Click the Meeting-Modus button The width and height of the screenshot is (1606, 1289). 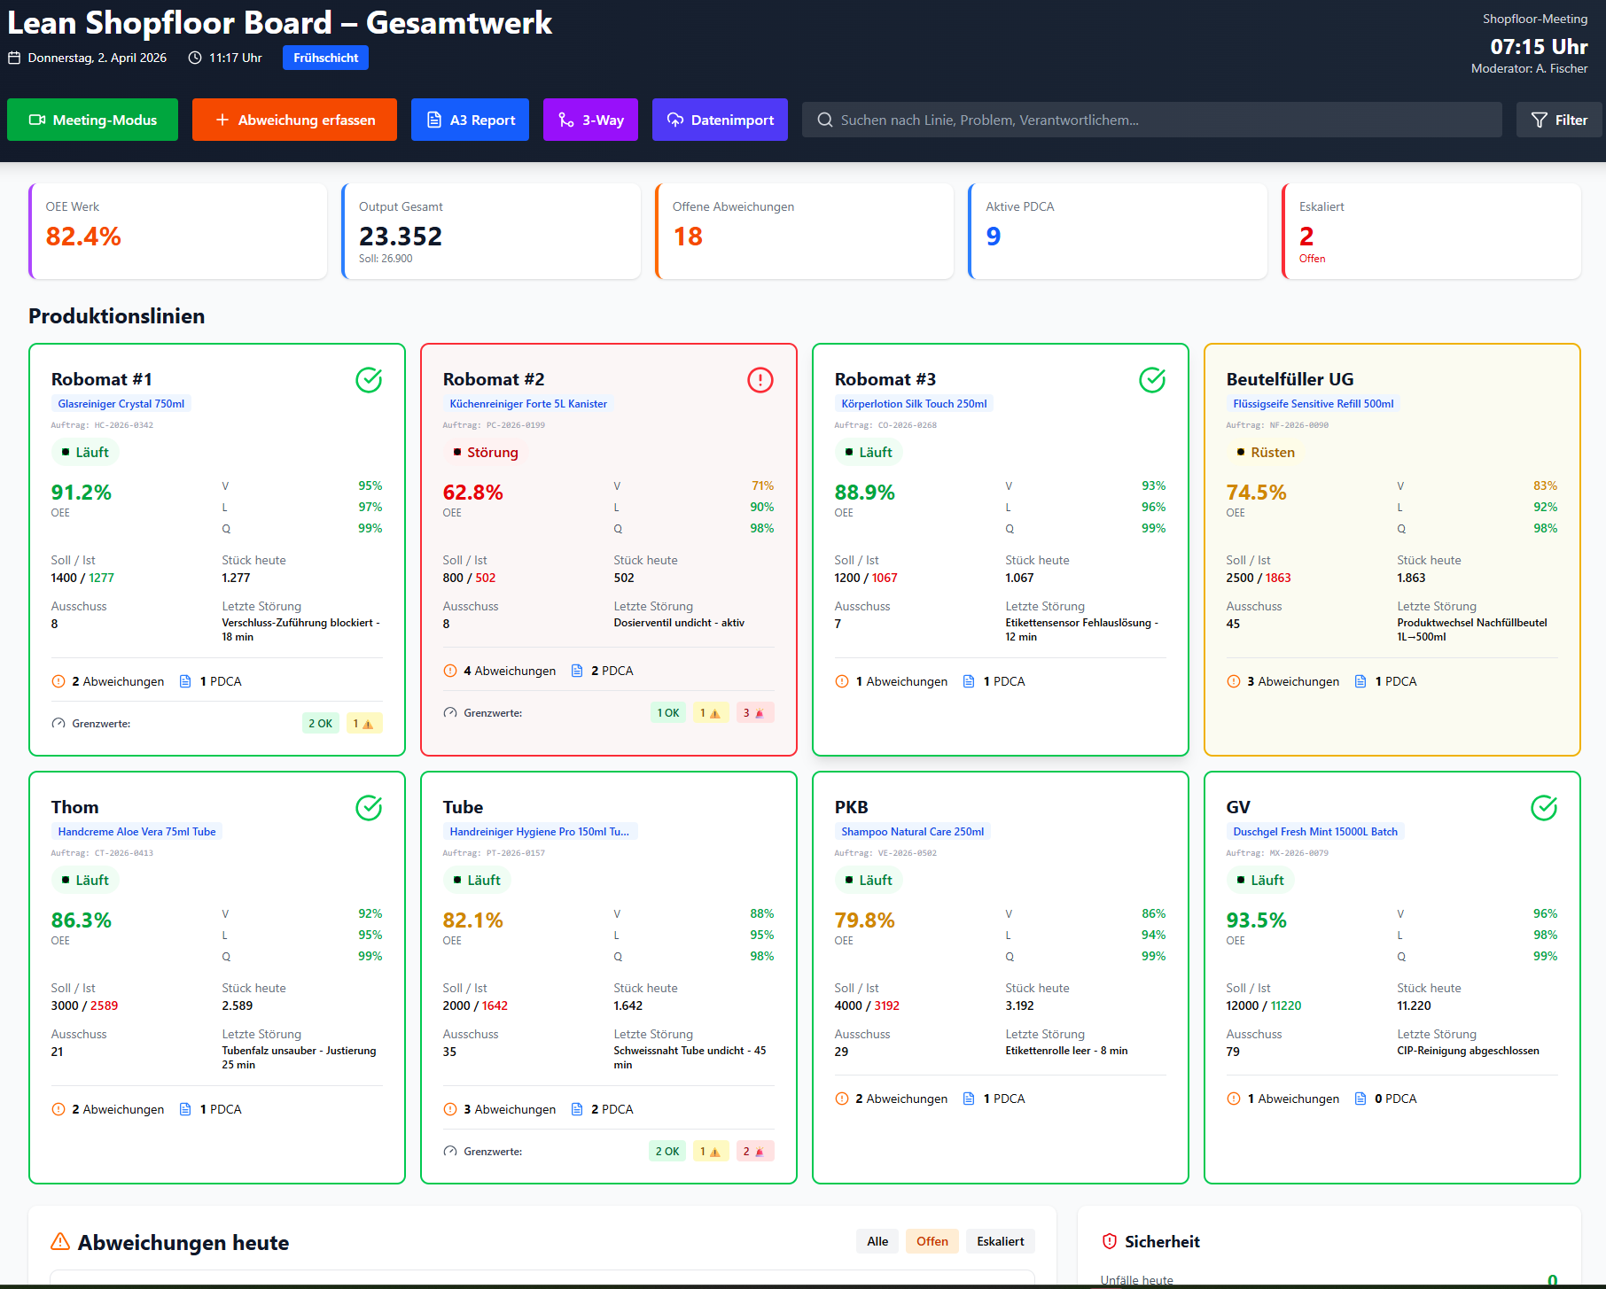pyautogui.click(x=92, y=120)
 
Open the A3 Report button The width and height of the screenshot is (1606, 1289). pyautogui.click(x=470, y=120)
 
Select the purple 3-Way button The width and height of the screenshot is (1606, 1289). pyautogui.click(x=590, y=120)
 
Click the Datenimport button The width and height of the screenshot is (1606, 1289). pyautogui.click(x=720, y=120)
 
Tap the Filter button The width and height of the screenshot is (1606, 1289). pyautogui.click(x=1559, y=120)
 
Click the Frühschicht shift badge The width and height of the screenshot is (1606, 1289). pyautogui.click(x=325, y=58)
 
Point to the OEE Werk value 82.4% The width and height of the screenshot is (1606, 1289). pyautogui.click(x=83, y=237)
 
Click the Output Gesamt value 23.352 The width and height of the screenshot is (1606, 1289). pyautogui.click(x=401, y=237)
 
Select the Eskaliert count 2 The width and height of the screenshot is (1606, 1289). pyautogui.click(x=1306, y=237)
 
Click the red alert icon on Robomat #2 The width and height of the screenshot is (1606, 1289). pyautogui.click(x=760, y=380)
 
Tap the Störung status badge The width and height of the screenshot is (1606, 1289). pyautogui.click(x=484, y=453)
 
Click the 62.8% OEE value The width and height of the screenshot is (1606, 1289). pyautogui.click(x=473, y=493)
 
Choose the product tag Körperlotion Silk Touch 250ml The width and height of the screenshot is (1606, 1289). pyautogui.click(x=914, y=404)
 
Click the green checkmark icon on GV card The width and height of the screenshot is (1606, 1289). pyautogui.click(x=1543, y=808)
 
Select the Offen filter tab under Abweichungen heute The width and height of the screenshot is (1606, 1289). pyautogui.click(x=932, y=1241)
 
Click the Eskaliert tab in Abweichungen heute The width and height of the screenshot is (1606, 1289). pyautogui.click(x=1000, y=1241)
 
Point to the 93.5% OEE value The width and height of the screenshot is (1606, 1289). pyautogui.click(x=1256, y=920)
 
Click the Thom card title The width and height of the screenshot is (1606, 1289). pyautogui.click(x=75, y=807)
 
